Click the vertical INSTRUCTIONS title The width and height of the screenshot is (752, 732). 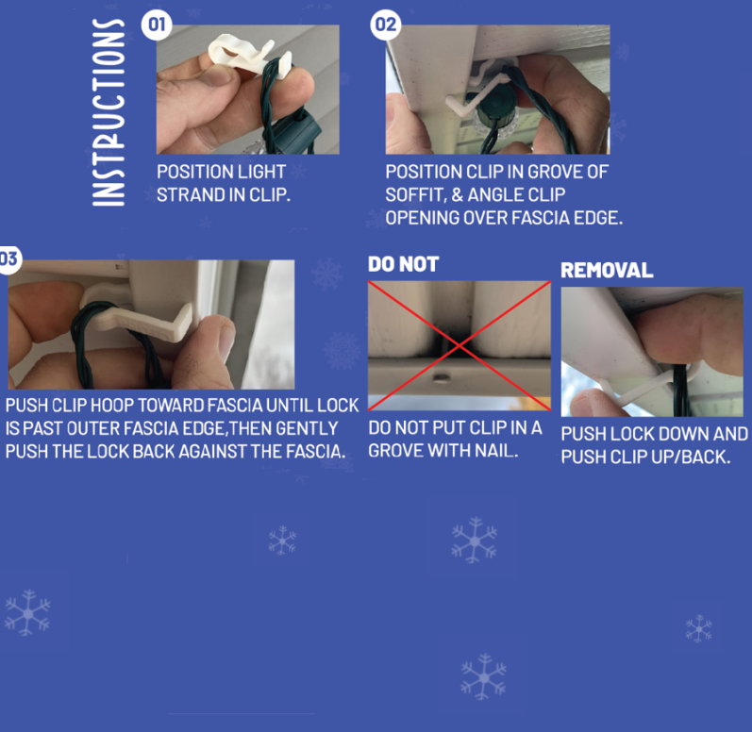tap(109, 112)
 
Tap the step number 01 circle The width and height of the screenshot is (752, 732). tap(157, 25)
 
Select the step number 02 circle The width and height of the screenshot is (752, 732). tap(386, 25)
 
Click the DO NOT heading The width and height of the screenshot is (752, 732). tap(403, 264)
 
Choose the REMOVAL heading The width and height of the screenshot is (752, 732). tap(607, 271)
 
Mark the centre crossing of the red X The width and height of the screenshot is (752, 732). tap(459, 345)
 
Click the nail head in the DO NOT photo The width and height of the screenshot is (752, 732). tap(441, 378)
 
